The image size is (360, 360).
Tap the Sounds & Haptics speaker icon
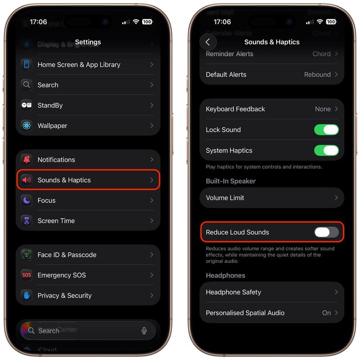[27, 180]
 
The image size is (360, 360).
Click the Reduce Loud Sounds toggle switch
[326, 232]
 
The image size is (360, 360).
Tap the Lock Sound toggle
[326, 130]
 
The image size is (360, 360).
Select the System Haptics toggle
[326, 150]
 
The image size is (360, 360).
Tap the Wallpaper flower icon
[27, 126]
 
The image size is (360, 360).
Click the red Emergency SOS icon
[27, 275]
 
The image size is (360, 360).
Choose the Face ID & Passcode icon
[27, 255]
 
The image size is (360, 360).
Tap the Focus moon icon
[27, 200]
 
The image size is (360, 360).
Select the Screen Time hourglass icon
[27, 220]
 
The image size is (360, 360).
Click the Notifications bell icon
[27, 160]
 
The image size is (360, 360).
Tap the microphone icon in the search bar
[144, 331]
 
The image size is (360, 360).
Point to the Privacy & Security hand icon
[27, 295]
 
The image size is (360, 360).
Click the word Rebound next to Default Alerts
[317, 75]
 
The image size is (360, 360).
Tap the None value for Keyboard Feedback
[323, 109]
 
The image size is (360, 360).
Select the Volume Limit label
[225, 198]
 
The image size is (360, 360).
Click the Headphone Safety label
[233, 292]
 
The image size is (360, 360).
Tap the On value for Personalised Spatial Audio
[326, 313]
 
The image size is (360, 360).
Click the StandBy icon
[27, 105]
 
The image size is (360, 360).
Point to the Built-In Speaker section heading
[230, 181]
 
